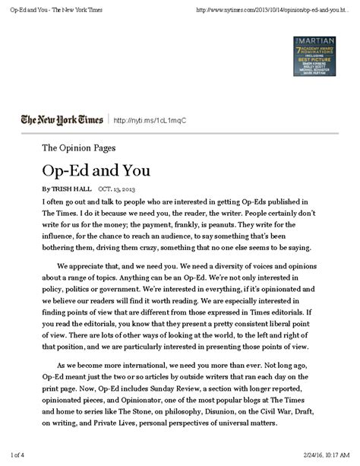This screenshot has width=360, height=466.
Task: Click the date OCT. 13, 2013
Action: click(117, 188)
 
